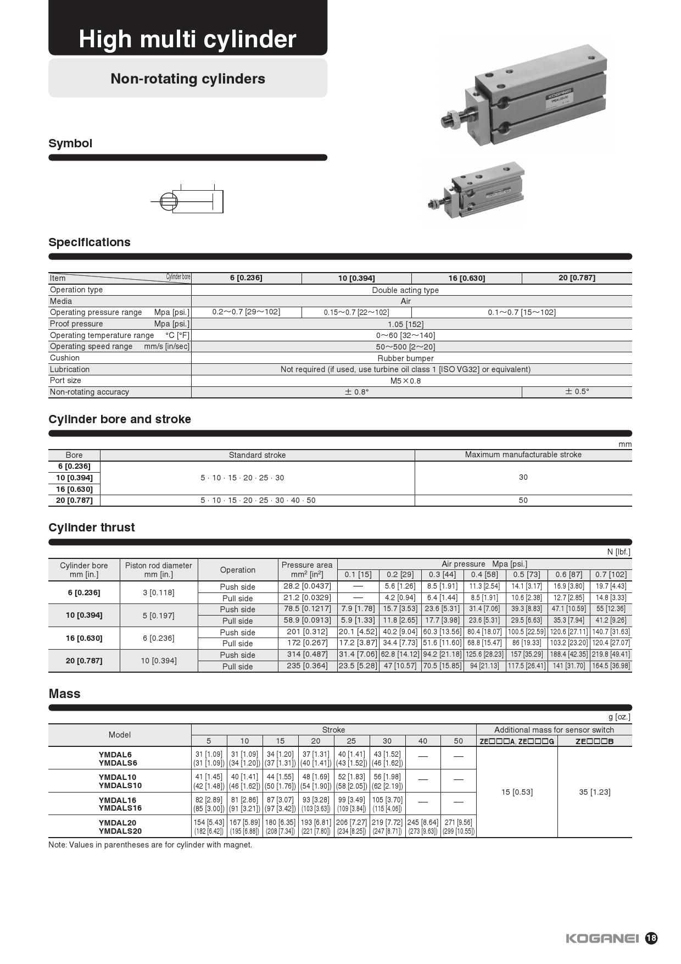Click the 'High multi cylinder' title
187,39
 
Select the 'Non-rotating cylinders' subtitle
188,79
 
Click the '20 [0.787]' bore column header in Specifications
577,278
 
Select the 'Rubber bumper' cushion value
405,358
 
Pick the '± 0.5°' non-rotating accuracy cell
577,392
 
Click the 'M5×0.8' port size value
405,381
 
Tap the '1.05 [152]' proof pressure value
405,324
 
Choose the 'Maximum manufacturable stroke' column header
523,455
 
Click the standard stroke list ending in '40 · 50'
258,501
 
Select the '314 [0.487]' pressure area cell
307,655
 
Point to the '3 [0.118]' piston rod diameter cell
158,592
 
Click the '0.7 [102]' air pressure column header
611,575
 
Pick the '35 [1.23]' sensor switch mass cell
595,792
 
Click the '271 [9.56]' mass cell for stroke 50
459,823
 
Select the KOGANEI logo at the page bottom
602,938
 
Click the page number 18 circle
651,938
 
